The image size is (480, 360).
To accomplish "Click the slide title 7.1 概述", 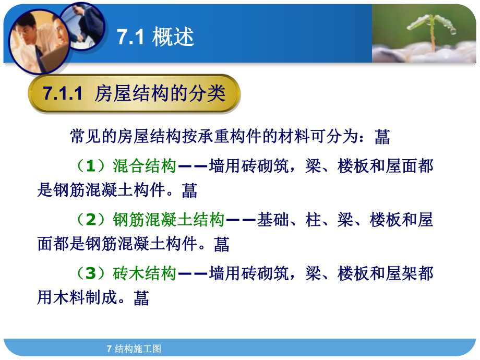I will pos(155,38).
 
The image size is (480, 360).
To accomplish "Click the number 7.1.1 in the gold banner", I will pos(63,94).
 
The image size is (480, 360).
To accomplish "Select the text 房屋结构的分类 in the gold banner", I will pos(160,94).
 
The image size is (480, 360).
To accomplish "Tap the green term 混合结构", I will pos(145,166).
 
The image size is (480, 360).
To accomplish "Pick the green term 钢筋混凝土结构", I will pos(169,220).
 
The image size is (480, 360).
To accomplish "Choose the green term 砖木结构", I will pos(145,273).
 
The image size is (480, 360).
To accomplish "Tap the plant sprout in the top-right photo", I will pos(434,31).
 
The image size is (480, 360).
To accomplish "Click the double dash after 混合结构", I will pos(193,166).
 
